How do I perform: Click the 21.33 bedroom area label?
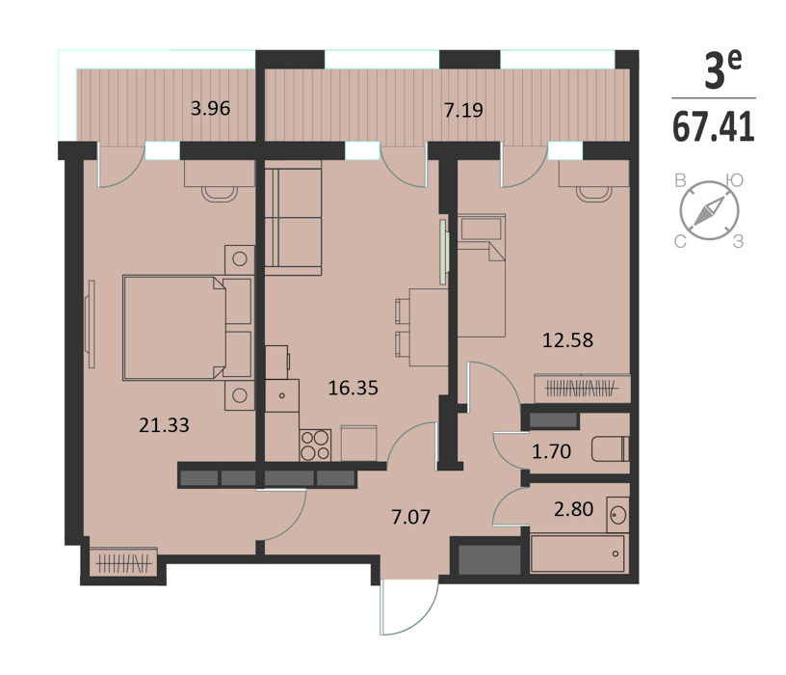click(x=164, y=425)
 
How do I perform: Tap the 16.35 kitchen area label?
click(x=353, y=388)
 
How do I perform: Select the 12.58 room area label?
click(x=568, y=340)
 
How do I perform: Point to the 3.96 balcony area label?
click(x=211, y=108)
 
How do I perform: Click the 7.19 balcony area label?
click(x=463, y=110)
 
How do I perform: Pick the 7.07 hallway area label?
click(x=411, y=517)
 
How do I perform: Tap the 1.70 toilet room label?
click(x=551, y=451)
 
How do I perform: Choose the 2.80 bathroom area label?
click(x=574, y=509)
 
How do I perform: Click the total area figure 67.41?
click(x=714, y=127)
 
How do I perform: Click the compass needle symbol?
click(x=709, y=210)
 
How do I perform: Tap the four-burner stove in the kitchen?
click(x=315, y=445)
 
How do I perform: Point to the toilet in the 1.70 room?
click(x=610, y=449)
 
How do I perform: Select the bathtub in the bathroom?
click(x=578, y=553)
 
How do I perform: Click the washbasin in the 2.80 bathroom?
click(x=618, y=514)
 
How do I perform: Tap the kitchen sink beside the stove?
click(x=282, y=395)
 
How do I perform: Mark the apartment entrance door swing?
click(x=409, y=607)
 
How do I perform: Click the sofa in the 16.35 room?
click(x=293, y=218)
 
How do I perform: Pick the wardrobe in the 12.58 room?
click(x=582, y=389)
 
